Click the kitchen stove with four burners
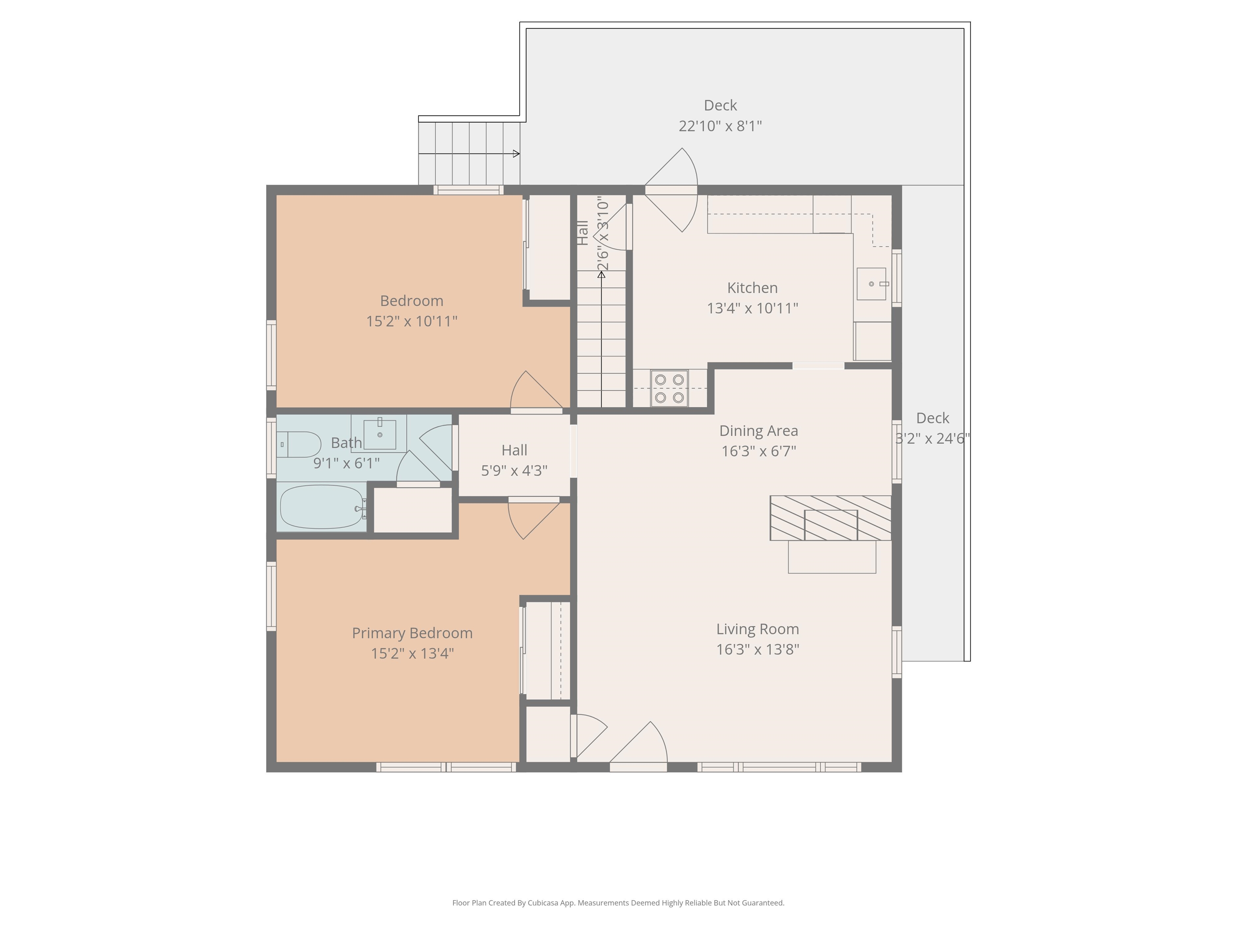(669, 388)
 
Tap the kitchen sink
(871, 284)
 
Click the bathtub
(321, 507)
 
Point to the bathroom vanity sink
(380, 435)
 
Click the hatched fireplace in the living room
(830, 518)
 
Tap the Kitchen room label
(752, 288)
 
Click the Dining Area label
(758, 431)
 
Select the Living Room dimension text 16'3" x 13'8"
(758, 649)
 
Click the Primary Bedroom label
(412, 633)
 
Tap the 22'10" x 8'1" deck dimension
(720, 126)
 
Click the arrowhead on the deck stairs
(516, 153)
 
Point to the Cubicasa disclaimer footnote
(618, 903)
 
